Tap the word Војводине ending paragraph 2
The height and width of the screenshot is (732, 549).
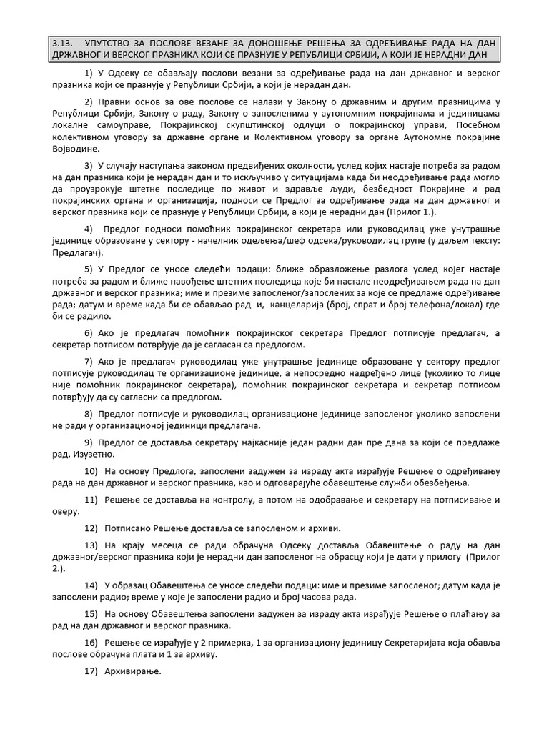coord(76,149)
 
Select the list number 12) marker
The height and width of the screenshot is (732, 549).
coord(91,528)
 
